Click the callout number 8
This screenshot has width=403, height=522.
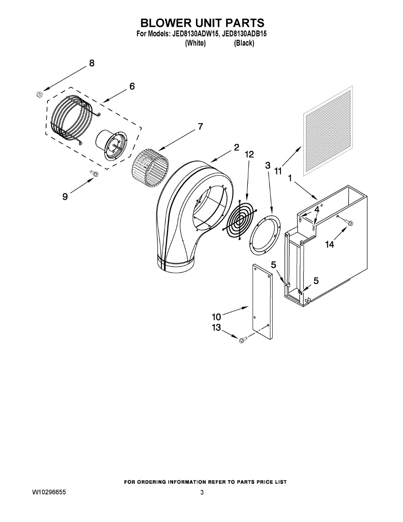(91, 63)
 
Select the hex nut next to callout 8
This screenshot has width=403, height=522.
(38, 94)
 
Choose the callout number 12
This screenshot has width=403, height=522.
(249, 154)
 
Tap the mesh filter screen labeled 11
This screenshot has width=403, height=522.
(328, 130)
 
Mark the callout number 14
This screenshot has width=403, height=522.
(330, 244)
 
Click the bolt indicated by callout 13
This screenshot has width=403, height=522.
(242, 338)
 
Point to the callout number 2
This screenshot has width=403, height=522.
(236, 147)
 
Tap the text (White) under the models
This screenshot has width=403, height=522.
(195, 43)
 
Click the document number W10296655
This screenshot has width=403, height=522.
(50, 492)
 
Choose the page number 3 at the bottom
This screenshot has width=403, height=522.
(202, 492)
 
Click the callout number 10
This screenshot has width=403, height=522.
(216, 316)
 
